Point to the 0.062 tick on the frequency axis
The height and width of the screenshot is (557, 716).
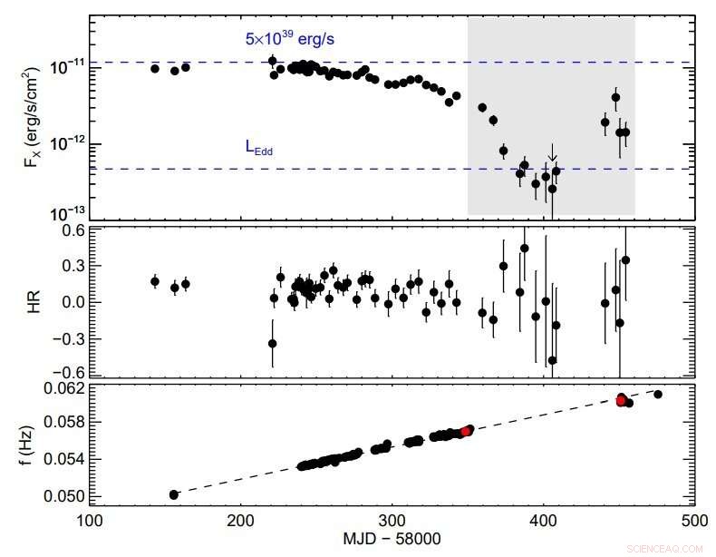(64, 388)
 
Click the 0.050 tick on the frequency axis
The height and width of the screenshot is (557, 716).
(64, 496)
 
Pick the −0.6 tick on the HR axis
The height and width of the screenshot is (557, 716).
(68, 372)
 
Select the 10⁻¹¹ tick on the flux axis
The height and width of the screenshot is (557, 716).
(66, 65)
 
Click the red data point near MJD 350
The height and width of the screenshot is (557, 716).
(465, 432)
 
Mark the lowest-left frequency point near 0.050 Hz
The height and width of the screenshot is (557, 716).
(174, 494)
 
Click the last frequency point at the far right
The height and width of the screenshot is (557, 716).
(658, 394)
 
